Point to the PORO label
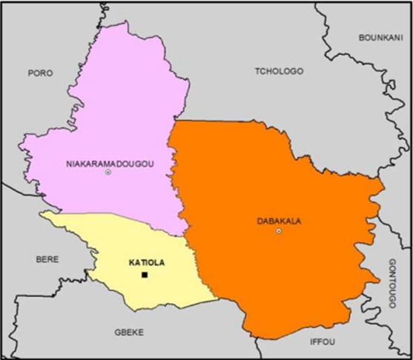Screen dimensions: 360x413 pyautogui.click(x=39, y=73)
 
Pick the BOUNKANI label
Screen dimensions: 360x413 pyautogui.click(x=380, y=37)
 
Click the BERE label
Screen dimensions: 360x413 pyautogui.click(x=47, y=260)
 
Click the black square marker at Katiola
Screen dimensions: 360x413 pyautogui.click(x=145, y=276)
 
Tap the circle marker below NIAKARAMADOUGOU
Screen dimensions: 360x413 pyautogui.click(x=108, y=173)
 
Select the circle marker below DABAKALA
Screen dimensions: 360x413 pyautogui.click(x=279, y=231)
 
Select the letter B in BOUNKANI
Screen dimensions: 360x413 pyautogui.click(x=361, y=37)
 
